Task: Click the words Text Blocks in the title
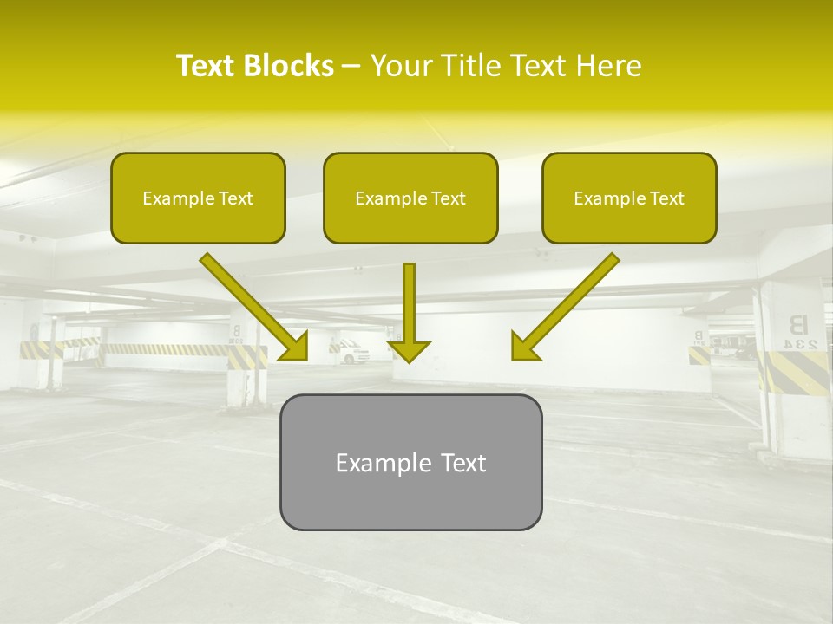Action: pos(254,66)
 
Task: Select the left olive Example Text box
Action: pos(198,198)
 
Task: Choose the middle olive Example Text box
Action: pos(410,198)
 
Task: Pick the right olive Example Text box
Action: pos(629,198)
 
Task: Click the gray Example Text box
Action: pos(410,463)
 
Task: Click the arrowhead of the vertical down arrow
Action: pos(409,350)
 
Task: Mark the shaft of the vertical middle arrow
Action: pos(409,300)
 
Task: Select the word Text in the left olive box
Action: pos(235,198)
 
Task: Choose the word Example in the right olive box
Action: pos(607,198)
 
